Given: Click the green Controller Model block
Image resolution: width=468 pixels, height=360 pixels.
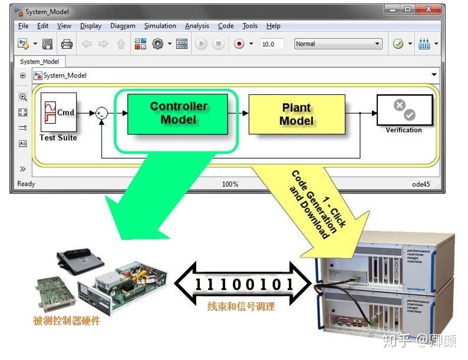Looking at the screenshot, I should tap(178, 113).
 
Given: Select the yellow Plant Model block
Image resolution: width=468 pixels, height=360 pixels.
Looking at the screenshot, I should tap(296, 114).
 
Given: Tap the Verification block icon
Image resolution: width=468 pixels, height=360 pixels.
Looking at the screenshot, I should tap(404, 110).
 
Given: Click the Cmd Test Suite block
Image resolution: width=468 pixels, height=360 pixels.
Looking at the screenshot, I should tap(58, 113).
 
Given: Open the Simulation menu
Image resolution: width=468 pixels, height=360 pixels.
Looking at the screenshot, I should tap(160, 26).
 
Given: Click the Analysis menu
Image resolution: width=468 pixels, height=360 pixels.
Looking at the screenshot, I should tap(197, 26).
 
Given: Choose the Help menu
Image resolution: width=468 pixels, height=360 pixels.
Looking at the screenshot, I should tap(273, 26).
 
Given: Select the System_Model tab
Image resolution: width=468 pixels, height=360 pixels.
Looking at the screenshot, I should tap(39, 61).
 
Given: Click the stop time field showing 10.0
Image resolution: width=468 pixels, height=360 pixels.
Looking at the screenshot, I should tap(272, 44).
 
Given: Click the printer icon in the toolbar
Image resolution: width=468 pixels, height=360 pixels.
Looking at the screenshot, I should tap(67, 44).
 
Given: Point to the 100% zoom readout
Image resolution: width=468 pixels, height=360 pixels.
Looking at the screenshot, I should tap(230, 184).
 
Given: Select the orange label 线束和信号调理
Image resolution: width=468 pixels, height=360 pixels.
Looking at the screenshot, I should tap(241, 306).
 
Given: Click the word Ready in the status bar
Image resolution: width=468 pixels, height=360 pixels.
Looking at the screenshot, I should tap(26, 184).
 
